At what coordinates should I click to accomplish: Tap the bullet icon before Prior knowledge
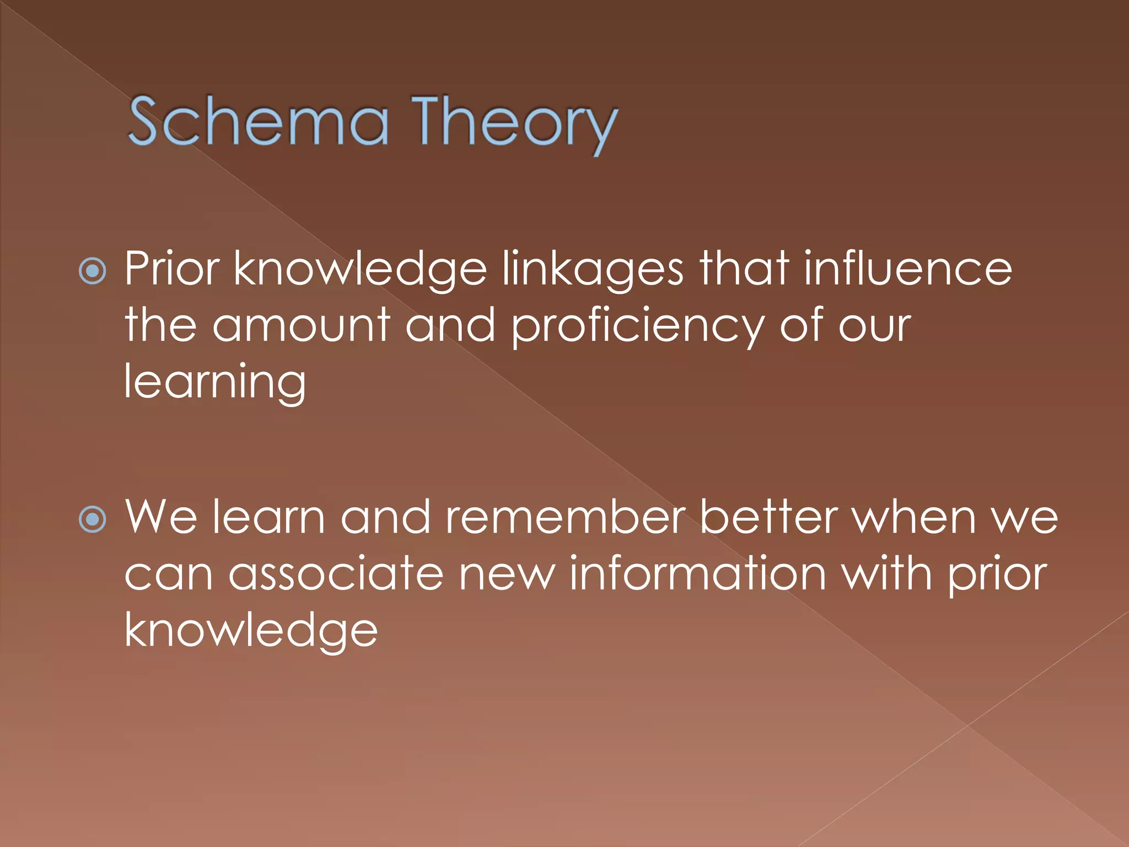[x=93, y=271]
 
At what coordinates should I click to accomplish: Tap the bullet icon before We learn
[x=93, y=519]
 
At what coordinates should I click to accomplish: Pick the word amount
[x=302, y=325]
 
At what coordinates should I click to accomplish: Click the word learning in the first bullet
[x=215, y=382]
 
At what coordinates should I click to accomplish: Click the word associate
[x=336, y=574]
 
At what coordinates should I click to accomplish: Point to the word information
[x=697, y=574]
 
